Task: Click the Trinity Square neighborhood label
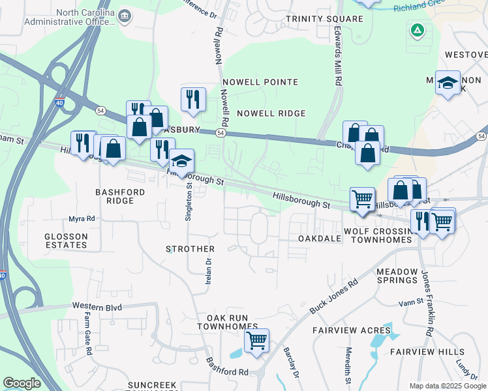pyautogui.click(x=324, y=19)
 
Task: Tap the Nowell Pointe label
pyautogui.click(x=260, y=82)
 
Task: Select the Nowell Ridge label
pyautogui.click(x=271, y=113)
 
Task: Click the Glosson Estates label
pyautogui.click(x=66, y=240)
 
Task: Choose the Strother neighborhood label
pyautogui.click(x=190, y=249)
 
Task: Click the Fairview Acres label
pyautogui.click(x=351, y=330)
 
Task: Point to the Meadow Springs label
pyautogui.click(x=396, y=276)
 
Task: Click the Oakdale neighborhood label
pyautogui.click(x=320, y=239)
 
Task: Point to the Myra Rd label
pyautogui.click(x=82, y=219)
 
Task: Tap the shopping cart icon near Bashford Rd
pyautogui.click(x=256, y=340)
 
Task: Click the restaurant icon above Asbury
pyautogui.click(x=193, y=99)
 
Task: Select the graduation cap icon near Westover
pyautogui.click(x=448, y=83)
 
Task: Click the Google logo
pyautogui.click(x=22, y=383)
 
